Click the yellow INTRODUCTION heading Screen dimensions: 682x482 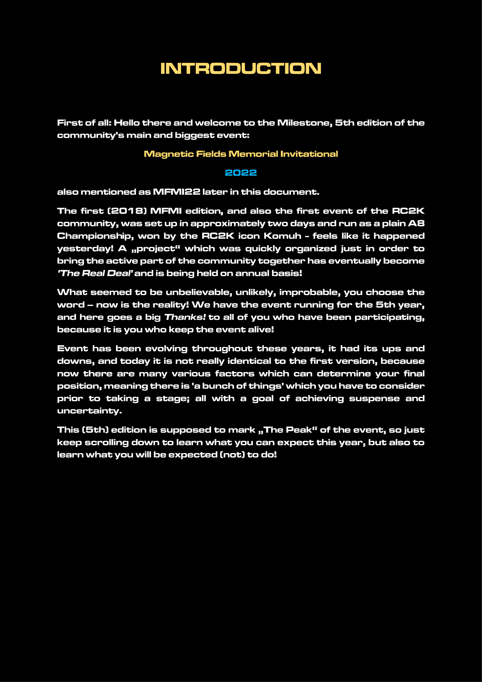point(241,68)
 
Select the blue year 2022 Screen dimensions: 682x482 point(241,173)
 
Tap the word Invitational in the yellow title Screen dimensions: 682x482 point(309,154)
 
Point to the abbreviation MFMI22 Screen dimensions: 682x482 point(177,192)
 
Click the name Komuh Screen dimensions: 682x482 point(282,236)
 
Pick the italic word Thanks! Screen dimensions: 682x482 point(185,317)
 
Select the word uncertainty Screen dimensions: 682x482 point(89,411)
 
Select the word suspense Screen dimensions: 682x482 point(374,398)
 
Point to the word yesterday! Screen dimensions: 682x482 point(85,249)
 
